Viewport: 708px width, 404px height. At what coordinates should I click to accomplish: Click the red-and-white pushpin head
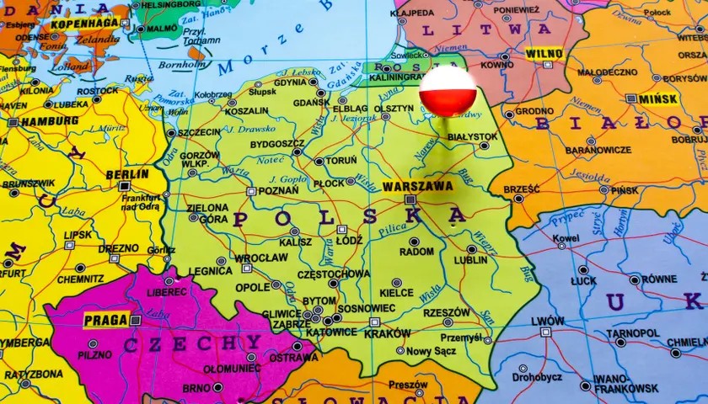tap(448, 91)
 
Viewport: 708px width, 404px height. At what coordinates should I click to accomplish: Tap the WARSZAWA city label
tap(417, 186)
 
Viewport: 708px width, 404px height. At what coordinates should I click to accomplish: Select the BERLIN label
tap(127, 174)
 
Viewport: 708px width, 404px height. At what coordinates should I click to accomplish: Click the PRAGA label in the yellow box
tap(107, 320)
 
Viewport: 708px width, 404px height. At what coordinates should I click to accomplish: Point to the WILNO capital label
tap(544, 54)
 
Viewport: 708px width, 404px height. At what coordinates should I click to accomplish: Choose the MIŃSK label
tap(657, 98)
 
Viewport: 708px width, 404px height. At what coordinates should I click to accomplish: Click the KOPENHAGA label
tap(84, 24)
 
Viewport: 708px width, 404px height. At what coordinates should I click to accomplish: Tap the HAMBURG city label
tap(38, 121)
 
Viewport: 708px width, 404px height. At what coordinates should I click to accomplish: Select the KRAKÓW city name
tap(388, 333)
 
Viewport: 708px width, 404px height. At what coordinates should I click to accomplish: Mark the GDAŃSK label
tap(311, 102)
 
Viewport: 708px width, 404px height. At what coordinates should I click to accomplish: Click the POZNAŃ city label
tap(278, 191)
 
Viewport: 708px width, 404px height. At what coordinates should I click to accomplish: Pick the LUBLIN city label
tap(470, 260)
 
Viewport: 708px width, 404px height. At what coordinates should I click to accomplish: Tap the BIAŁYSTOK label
tap(472, 136)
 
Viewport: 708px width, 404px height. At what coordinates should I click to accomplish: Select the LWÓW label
tap(548, 321)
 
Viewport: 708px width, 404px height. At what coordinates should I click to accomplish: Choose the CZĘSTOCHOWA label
tap(335, 274)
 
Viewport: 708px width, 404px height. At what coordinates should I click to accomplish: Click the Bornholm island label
tap(182, 64)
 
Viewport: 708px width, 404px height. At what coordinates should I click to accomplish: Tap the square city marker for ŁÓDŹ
tap(341, 229)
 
